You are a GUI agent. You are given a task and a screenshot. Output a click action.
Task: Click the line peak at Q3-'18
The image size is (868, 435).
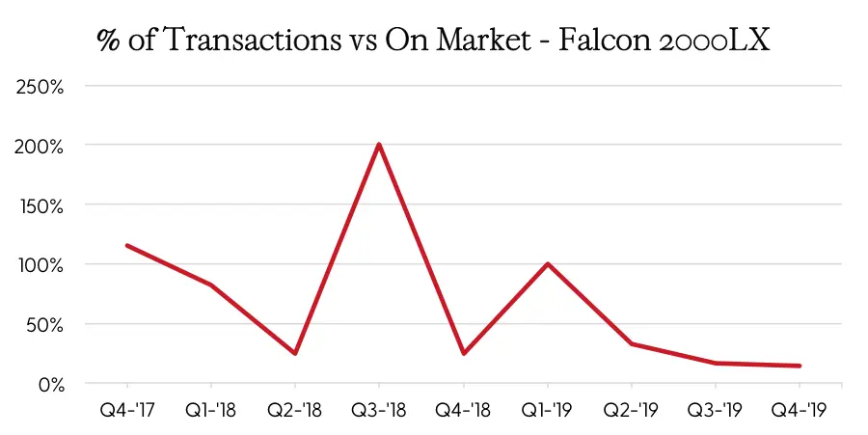point(379,145)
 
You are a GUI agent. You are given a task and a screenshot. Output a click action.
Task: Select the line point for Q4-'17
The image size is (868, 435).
point(127,245)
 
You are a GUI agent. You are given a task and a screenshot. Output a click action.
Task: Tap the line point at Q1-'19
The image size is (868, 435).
point(548,263)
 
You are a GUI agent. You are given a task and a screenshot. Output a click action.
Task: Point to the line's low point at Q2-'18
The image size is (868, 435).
point(295,353)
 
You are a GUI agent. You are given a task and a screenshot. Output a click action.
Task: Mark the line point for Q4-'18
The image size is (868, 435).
point(464,353)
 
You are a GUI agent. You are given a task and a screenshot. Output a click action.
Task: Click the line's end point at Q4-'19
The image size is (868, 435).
point(800,366)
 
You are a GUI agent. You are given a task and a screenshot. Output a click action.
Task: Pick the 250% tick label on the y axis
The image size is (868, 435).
point(41,86)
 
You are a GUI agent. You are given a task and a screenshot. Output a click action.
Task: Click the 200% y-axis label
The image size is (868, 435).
point(41,146)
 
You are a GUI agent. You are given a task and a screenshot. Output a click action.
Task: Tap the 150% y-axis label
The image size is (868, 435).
point(41,205)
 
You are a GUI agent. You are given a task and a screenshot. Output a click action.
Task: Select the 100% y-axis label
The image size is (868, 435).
point(41,264)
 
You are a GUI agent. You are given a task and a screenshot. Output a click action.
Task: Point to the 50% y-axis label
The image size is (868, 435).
point(44,324)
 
